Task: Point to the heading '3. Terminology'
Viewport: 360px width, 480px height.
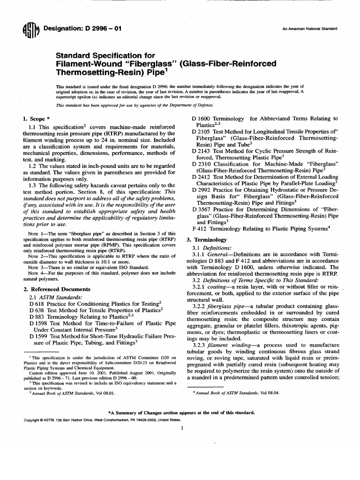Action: pos(207,240)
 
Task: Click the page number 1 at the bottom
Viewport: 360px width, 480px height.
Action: pos(180,428)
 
